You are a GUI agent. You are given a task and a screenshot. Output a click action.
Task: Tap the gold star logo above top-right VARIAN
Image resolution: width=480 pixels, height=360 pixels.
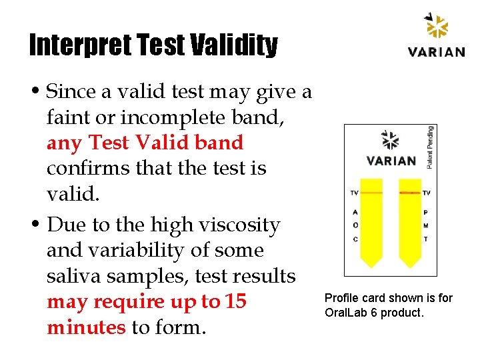click(x=437, y=27)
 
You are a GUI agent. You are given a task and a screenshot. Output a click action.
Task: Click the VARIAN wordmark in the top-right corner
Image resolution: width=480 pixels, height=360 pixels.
click(x=437, y=51)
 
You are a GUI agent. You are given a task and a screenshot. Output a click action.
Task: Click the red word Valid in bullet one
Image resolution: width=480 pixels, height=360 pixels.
click(x=157, y=143)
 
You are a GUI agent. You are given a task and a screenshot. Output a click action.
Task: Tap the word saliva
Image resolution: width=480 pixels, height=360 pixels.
click(x=75, y=276)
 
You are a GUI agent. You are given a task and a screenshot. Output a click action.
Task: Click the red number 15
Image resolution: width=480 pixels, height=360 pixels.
click(x=236, y=301)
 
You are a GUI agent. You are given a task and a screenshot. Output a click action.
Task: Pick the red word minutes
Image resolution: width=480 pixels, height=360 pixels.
click(x=86, y=327)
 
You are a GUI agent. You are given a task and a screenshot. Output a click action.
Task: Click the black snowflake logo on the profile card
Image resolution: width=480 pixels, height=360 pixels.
click(x=389, y=140)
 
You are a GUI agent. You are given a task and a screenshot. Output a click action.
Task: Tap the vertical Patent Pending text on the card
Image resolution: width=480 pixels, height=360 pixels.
click(x=430, y=146)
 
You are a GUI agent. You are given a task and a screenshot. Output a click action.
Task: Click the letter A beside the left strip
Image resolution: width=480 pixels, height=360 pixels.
click(x=355, y=213)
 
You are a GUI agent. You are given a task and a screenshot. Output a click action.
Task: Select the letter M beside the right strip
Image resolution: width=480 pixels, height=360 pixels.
click(x=426, y=225)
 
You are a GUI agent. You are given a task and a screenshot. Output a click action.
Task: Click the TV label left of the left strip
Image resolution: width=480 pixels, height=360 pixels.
click(x=354, y=193)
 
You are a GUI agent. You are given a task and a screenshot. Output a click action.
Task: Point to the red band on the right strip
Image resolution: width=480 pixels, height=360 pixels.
click(x=409, y=193)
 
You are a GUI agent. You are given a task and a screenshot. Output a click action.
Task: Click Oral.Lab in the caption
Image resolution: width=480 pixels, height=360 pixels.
click(x=345, y=312)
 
